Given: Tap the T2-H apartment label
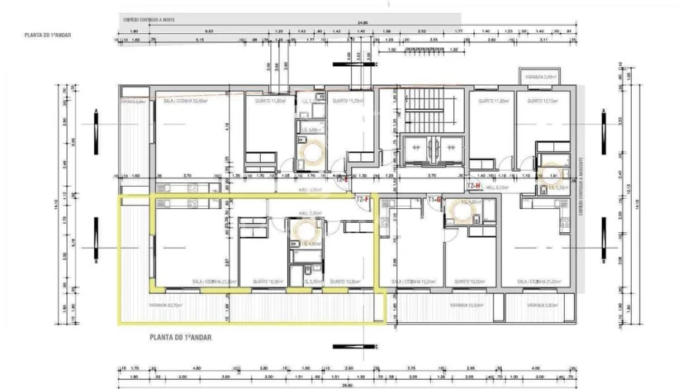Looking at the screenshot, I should click(x=473, y=186).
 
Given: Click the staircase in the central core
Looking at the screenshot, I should click(x=426, y=108).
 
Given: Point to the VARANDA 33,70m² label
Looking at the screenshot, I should click(x=164, y=305).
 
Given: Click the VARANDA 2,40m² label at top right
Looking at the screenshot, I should click(x=540, y=78).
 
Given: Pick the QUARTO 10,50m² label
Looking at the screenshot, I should click(x=463, y=281).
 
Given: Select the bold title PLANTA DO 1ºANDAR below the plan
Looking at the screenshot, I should click(x=181, y=337).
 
